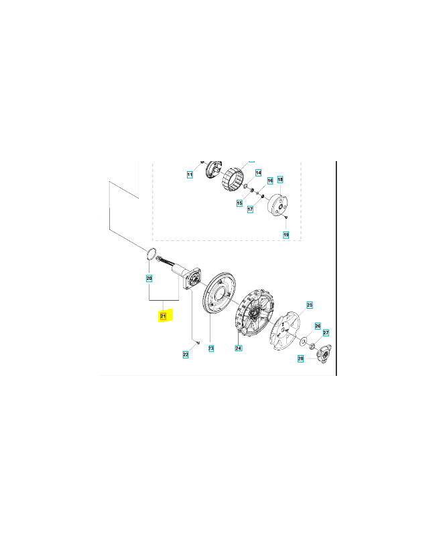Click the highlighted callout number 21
163,316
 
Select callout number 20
149,279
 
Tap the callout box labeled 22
186,355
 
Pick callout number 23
211,348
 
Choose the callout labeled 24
239,348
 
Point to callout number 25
310,305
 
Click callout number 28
300,358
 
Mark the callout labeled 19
286,235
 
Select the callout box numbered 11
190,175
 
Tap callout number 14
258,173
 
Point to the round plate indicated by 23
218,292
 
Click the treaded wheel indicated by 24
254,311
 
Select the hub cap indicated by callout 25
285,331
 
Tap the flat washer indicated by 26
303,342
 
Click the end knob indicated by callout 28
323,353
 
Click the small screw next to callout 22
198,342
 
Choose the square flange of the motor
193,279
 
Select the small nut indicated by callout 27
312,348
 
